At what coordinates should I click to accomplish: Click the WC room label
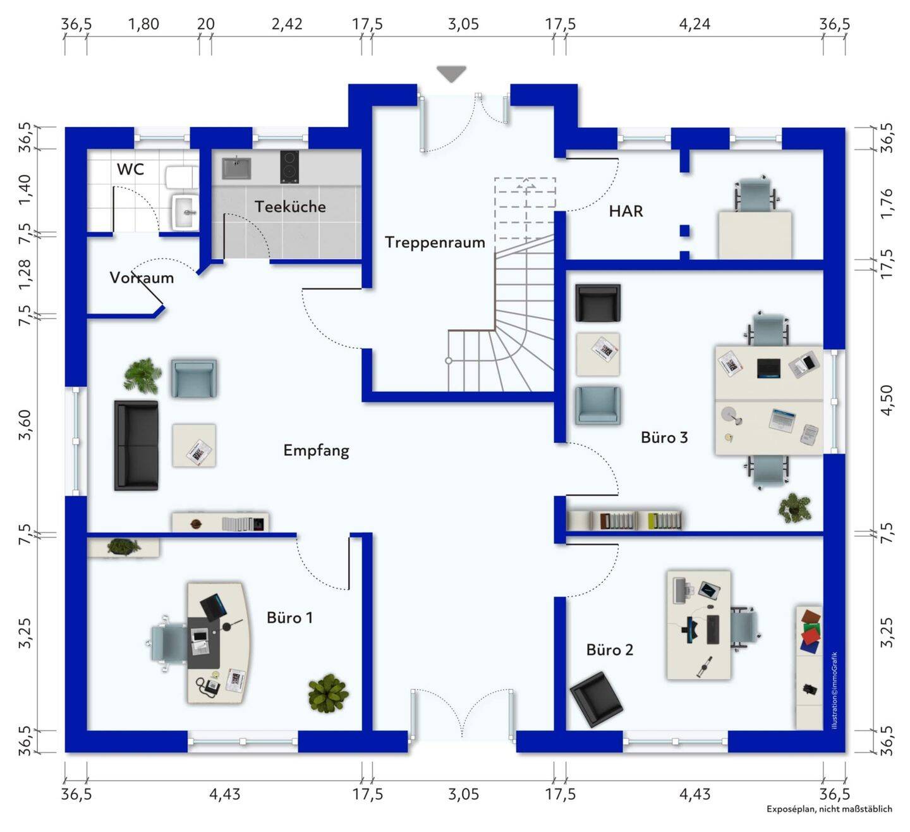tap(130, 169)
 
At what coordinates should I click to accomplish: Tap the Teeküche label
tap(290, 207)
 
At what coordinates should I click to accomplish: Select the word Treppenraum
tap(435, 242)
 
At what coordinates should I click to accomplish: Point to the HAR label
tap(626, 211)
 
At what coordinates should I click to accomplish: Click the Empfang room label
tap(316, 450)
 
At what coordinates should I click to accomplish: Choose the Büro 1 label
tap(289, 618)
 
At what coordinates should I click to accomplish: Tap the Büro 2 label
tap(609, 650)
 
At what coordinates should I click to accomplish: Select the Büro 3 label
tap(664, 437)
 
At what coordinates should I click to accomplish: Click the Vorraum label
tap(142, 278)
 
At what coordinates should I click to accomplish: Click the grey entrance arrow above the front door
tap(451, 74)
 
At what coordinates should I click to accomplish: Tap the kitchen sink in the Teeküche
tap(236, 168)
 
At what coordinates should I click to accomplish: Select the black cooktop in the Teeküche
tap(289, 166)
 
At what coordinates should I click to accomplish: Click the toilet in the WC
tap(182, 178)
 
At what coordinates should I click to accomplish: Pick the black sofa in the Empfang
tap(136, 445)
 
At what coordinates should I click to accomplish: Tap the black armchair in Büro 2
tap(596, 699)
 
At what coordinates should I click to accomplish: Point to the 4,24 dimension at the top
tap(694, 24)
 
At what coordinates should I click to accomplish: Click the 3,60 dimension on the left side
tap(25, 424)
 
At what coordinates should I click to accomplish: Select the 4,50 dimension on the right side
tap(886, 400)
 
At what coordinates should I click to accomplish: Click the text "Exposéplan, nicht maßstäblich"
tap(829, 809)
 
